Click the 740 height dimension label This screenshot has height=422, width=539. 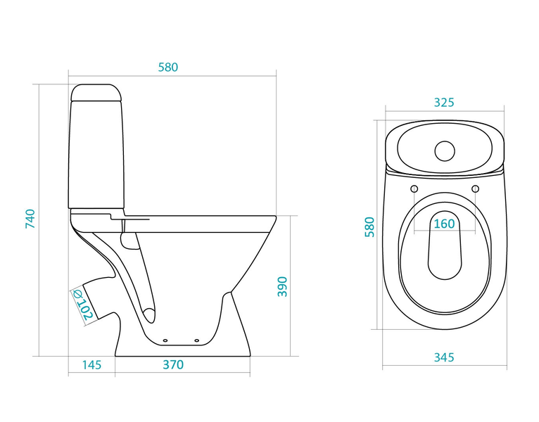(x=30, y=219)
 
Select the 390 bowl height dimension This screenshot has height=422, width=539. (x=282, y=286)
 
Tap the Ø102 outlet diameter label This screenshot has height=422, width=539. (x=82, y=305)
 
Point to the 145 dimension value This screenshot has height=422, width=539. (x=91, y=364)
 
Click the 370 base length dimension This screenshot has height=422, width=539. (x=173, y=364)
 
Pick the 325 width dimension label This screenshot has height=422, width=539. (x=444, y=103)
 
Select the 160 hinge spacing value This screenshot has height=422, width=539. (x=445, y=224)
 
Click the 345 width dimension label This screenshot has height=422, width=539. (x=444, y=357)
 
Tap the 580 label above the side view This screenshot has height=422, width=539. (x=168, y=68)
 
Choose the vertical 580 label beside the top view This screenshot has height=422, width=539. (x=369, y=226)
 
